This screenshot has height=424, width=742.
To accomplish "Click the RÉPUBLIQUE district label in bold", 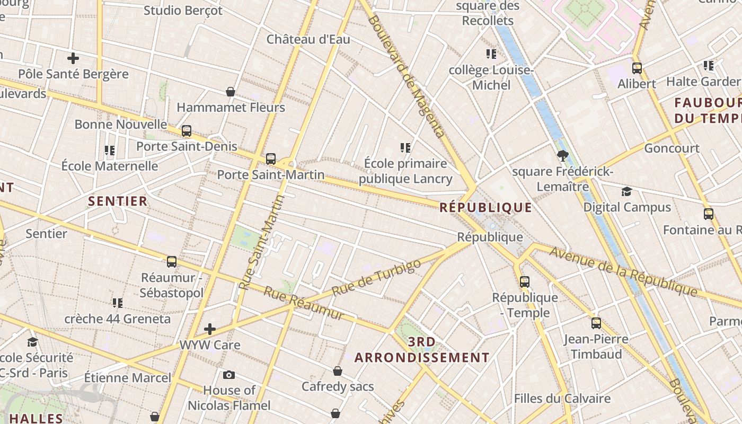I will click(485, 207).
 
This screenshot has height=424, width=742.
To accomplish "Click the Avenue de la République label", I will click(623, 271).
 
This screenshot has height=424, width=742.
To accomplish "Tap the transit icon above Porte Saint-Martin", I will click(271, 158).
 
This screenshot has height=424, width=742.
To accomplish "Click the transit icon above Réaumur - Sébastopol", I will click(172, 261).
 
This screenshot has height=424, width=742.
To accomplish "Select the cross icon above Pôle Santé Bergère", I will click(73, 58).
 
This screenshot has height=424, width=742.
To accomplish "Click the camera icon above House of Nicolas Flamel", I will click(229, 375).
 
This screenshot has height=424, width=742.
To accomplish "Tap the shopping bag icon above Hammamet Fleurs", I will click(231, 92).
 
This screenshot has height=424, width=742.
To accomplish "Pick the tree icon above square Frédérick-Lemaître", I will click(562, 155).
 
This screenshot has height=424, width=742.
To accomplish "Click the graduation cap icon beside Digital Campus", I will click(627, 191).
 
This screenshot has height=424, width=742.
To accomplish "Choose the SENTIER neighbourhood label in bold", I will click(118, 201).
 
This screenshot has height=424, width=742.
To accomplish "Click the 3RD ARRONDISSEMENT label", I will click(422, 350).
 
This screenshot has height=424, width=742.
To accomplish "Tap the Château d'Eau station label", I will click(308, 39).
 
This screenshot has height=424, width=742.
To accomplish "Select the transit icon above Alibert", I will click(637, 68).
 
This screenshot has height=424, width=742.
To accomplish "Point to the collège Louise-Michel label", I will click(491, 77).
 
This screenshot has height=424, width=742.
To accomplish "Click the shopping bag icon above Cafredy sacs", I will click(338, 371).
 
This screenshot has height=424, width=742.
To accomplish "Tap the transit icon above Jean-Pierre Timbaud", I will click(596, 323).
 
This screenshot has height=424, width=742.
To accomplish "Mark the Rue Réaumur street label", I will click(304, 304).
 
